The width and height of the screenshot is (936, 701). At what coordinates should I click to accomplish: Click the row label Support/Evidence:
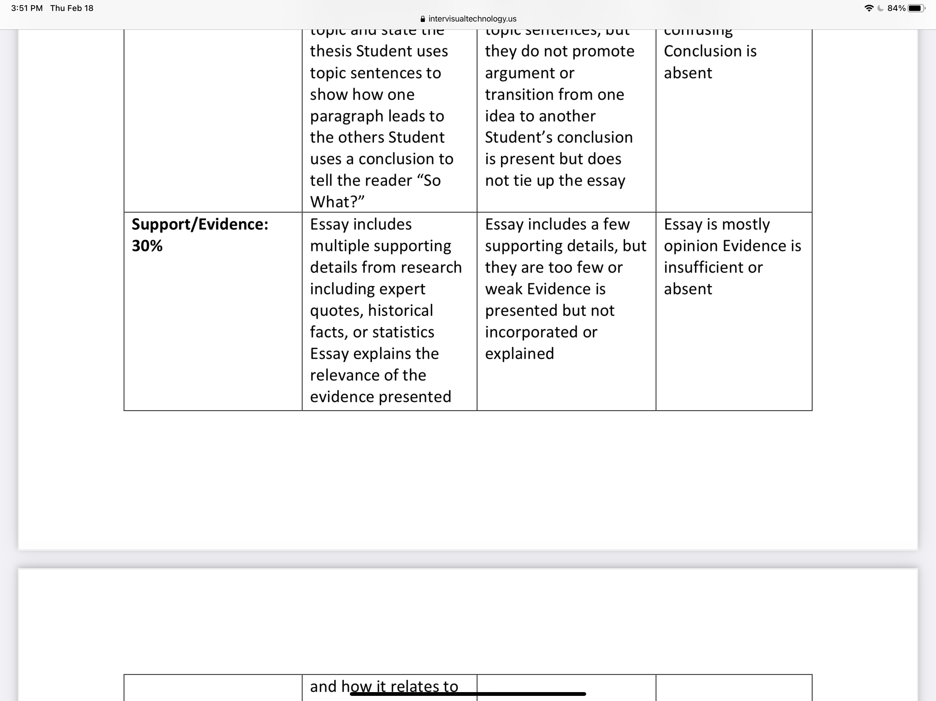200,225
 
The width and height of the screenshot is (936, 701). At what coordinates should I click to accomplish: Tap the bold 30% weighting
147,246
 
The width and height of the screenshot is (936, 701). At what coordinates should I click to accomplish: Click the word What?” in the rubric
337,202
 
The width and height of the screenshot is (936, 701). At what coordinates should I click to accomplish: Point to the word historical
400,311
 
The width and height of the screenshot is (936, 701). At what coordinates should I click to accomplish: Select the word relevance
344,375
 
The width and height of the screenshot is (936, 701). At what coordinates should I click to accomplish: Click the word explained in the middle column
519,354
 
